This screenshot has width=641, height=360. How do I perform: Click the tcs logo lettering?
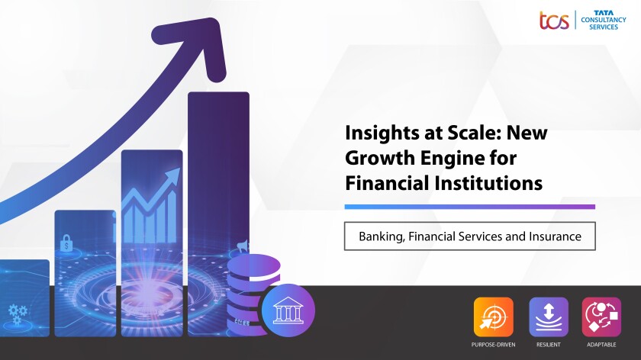pyautogui.click(x=554, y=21)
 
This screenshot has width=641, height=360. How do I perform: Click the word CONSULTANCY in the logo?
pyautogui.click(x=604, y=20)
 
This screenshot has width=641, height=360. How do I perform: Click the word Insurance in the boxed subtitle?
pyautogui.click(x=556, y=236)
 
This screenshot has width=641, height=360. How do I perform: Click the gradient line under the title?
pyautogui.click(x=470, y=207)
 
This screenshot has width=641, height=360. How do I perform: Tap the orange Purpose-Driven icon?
pyautogui.click(x=494, y=317)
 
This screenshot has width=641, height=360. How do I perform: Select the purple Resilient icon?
pyautogui.click(x=549, y=317)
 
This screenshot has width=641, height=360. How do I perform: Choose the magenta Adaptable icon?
pyautogui.click(x=601, y=317)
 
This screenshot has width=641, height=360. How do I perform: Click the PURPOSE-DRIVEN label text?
pyautogui.click(x=494, y=345)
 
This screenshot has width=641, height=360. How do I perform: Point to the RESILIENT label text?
pyautogui.click(x=549, y=345)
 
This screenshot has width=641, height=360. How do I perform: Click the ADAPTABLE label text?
pyautogui.click(x=601, y=345)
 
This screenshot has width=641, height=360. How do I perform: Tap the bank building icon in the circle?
pyautogui.click(x=288, y=310)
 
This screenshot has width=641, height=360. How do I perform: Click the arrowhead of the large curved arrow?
pyautogui.click(x=196, y=46)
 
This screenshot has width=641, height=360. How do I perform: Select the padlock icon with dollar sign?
pyautogui.click(x=66, y=243)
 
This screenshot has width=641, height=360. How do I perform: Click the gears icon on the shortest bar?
pyautogui.click(x=18, y=313)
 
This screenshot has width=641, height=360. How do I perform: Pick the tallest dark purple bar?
pyautogui.click(x=219, y=214)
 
